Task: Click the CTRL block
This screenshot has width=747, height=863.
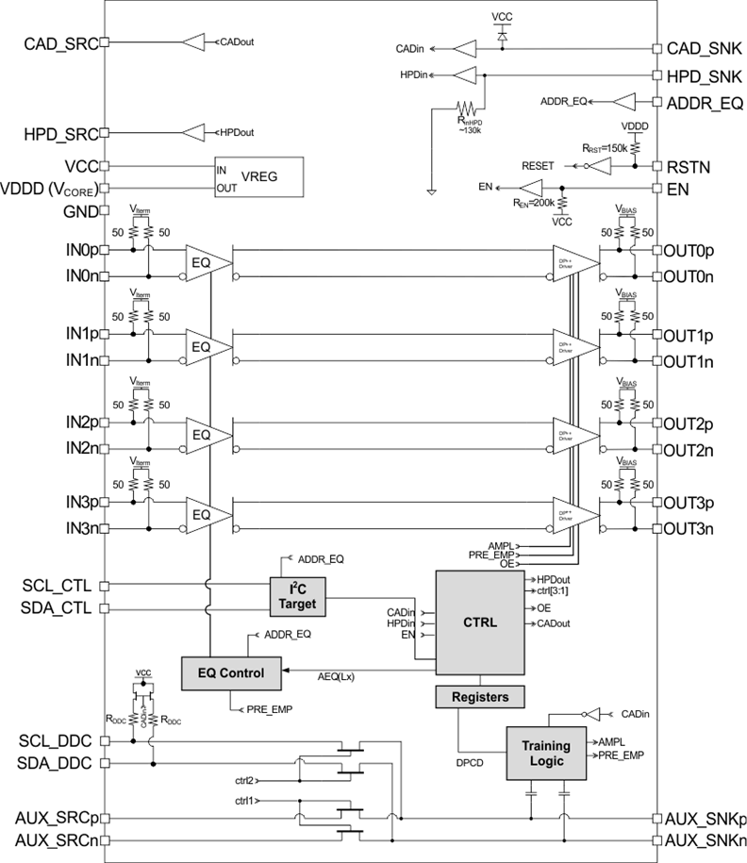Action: [478, 622]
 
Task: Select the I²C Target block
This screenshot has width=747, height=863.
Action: [297, 595]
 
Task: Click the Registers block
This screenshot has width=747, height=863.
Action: [478, 697]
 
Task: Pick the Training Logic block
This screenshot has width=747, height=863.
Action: [545, 753]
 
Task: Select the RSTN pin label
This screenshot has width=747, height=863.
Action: [689, 166]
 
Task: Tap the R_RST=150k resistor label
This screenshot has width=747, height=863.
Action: [605, 148]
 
